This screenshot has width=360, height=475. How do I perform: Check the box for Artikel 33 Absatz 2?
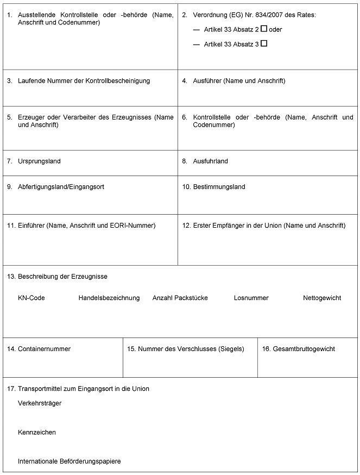click(x=264, y=29)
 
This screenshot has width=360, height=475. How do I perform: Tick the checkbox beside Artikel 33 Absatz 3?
click(x=264, y=43)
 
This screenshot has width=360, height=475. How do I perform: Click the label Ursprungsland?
click(x=39, y=161)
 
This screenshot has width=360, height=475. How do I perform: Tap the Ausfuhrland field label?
click(x=210, y=161)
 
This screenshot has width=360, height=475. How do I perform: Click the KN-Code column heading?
click(x=31, y=298)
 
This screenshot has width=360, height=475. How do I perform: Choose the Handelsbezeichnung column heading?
click(x=109, y=298)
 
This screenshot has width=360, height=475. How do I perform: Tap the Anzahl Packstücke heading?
click(x=180, y=298)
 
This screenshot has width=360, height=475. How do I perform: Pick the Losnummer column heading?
click(x=251, y=298)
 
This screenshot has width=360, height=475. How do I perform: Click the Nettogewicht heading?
click(x=321, y=298)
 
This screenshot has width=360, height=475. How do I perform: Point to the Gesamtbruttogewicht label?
click(x=304, y=349)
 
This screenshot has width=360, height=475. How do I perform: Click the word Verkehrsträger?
click(x=40, y=403)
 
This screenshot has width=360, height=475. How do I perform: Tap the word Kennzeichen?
click(x=37, y=433)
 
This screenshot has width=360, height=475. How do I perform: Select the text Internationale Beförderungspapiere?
click(x=69, y=461)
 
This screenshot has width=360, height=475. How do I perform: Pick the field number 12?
click(x=186, y=226)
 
